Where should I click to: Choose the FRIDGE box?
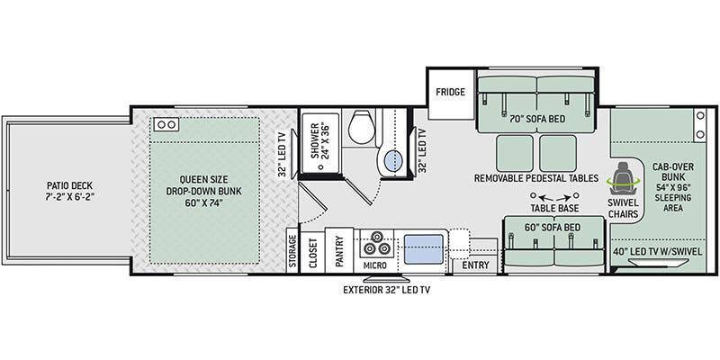pyautogui.click(x=450, y=93)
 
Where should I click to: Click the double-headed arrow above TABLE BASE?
pyautogui.click(x=536, y=196)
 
